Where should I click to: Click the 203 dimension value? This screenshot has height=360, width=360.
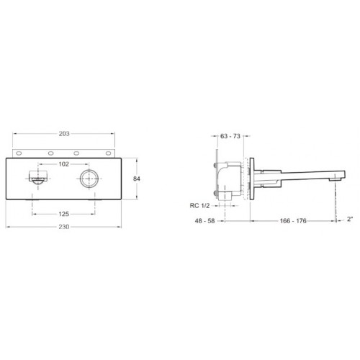(x=64, y=134)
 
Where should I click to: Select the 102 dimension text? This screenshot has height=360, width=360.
(x=64, y=164)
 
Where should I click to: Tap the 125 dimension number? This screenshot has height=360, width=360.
(x=64, y=214)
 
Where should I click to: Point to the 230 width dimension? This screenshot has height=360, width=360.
(x=64, y=227)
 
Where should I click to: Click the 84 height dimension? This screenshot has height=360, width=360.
(x=137, y=179)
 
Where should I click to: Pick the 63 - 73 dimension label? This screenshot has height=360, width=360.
(x=230, y=136)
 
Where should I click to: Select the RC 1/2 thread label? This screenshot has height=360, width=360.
(x=199, y=206)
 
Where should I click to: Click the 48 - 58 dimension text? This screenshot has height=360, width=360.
(x=204, y=221)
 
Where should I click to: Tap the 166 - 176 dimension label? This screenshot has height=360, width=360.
(x=293, y=221)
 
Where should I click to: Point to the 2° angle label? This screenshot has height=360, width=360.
(x=350, y=219)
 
